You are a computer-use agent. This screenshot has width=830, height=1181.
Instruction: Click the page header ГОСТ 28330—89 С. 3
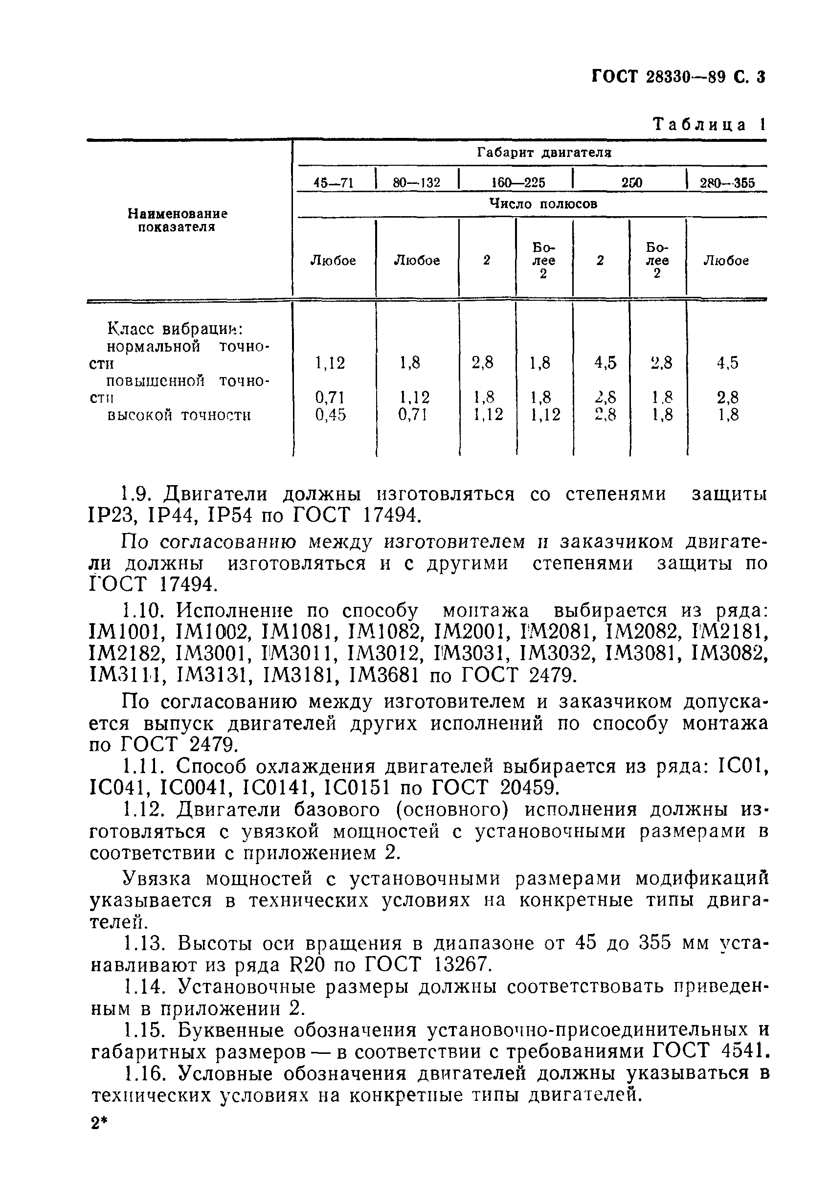[x=678, y=77]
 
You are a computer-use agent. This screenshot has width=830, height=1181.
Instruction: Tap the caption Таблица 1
[x=709, y=125]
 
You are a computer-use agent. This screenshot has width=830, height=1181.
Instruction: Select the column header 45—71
[x=334, y=182]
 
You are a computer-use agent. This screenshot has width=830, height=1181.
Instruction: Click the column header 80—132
[x=416, y=182]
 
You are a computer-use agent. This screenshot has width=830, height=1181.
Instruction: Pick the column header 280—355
[x=727, y=182]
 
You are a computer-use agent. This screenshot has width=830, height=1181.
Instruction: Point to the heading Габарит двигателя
[x=544, y=153]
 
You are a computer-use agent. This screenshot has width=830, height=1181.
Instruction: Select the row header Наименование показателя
[x=178, y=220]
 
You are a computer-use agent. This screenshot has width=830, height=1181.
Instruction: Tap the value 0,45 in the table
[x=330, y=415]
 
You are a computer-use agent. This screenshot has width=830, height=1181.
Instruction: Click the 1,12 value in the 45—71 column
[x=330, y=363]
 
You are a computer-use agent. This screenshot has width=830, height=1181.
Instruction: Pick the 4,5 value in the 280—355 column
[x=728, y=363]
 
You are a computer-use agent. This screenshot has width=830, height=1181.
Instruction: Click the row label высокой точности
[x=179, y=415]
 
